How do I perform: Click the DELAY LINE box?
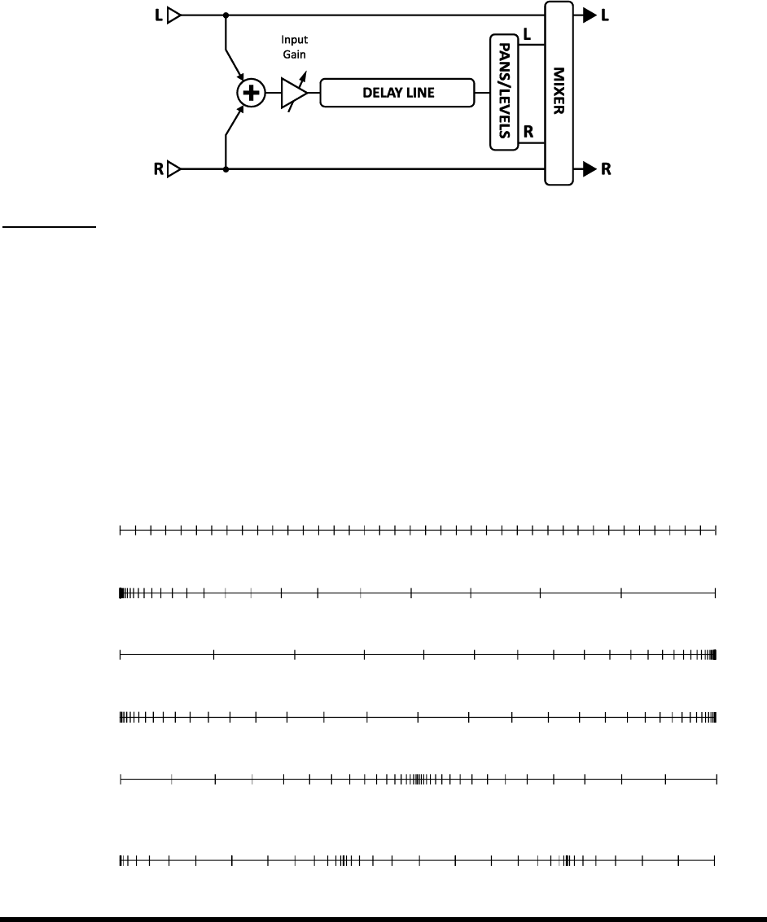click(x=397, y=93)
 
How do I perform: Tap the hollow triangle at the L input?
click(x=173, y=15)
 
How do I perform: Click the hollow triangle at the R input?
click(x=173, y=169)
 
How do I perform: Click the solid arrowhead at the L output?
click(x=585, y=15)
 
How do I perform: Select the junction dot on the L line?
click(x=226, y=15)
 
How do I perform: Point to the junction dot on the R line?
click(x=226, y=169)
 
